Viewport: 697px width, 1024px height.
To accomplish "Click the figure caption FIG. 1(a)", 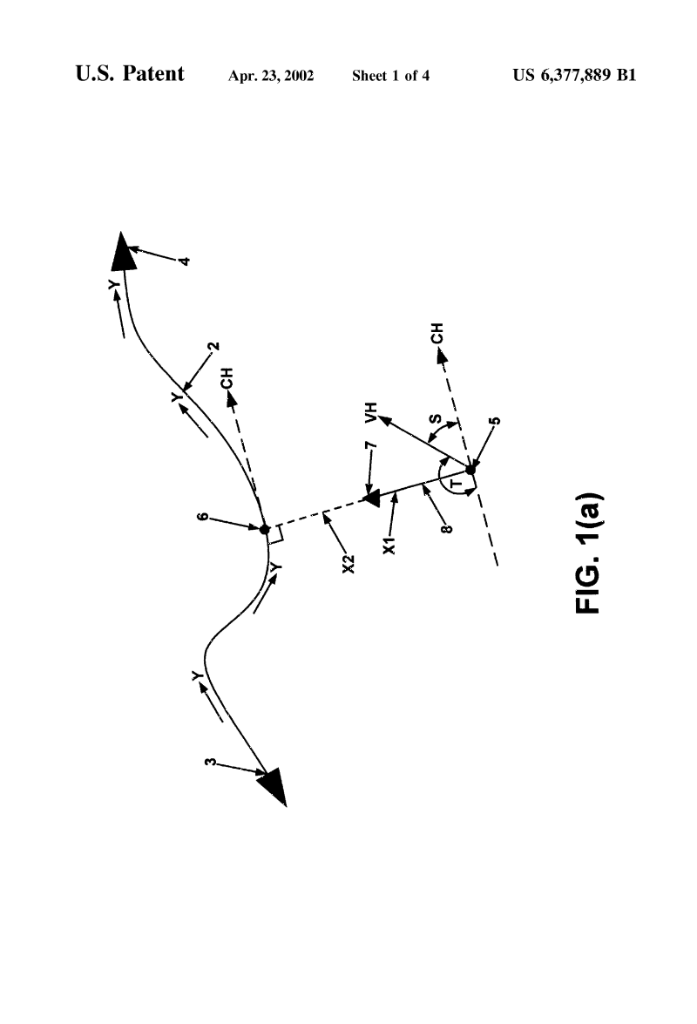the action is coord(589,553).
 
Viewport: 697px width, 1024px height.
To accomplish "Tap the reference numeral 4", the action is coord(185,261).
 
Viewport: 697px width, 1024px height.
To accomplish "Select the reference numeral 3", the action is coord(210,762).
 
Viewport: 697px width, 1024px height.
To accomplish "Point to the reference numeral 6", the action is coord(203,517).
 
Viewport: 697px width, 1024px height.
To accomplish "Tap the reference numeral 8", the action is coord(447,528).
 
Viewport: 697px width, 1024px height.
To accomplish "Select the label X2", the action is coord(349,564).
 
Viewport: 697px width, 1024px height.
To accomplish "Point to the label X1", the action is coord(389,546).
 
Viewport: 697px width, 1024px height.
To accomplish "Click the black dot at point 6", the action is coord(264,530).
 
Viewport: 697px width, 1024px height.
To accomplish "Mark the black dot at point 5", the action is coord(470,469).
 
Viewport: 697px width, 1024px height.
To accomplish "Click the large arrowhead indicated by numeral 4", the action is coord(124,253).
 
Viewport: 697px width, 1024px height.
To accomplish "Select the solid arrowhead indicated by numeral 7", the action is coord(372,500).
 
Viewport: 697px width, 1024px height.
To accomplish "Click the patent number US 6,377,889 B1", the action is coord(574,75).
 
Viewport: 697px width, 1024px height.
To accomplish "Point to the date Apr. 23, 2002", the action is coord(271,76).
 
